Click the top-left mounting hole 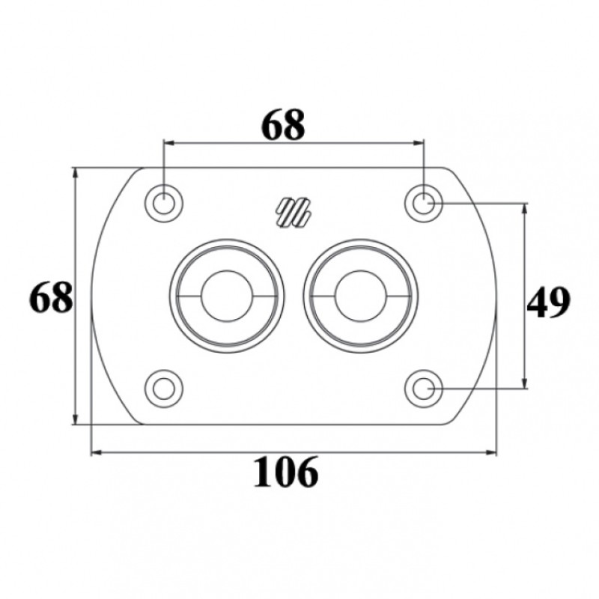(x=163, y=204)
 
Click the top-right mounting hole (x=423, y=204)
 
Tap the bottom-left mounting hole (x=163, y=389)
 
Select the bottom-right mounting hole (x=423, y=389)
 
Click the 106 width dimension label (x=286, y=471)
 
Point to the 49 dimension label (x=548, y=302)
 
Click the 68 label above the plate (x=284, y=125)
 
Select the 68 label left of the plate (x=51, y=297)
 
